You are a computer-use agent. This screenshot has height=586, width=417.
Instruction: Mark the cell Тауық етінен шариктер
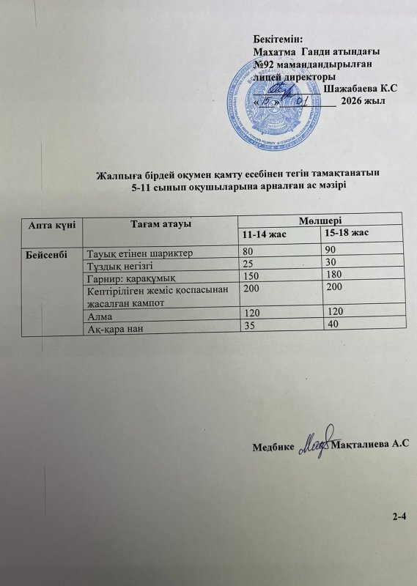pos(139,254)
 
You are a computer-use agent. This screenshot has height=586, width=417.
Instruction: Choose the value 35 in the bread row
pos(251,325)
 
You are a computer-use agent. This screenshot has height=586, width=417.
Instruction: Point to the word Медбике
pos(273,445)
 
